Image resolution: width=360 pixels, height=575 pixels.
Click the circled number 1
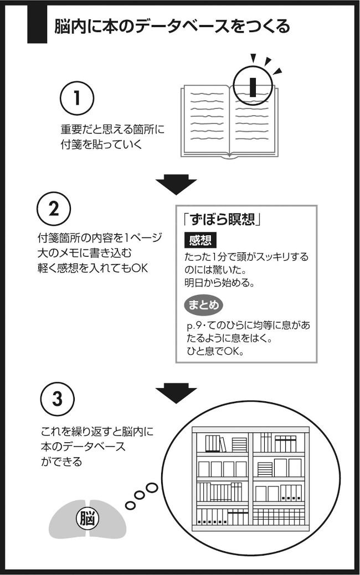(76, 99)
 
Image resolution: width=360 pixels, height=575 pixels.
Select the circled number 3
(57, 400)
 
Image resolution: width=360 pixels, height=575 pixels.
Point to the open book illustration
(229, 121)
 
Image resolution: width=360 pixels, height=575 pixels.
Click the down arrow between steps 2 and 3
(176, 393)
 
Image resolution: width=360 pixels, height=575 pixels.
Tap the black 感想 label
(200, 240)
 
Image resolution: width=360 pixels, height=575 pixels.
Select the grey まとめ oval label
(203, 305)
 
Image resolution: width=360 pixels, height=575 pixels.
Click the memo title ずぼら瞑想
(222, 219)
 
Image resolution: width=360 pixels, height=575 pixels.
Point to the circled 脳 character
(88, 519)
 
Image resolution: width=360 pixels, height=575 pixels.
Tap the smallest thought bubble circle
(130, 505)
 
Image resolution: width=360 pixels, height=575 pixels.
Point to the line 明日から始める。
(219, 283)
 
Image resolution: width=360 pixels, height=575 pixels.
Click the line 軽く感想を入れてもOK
(92, 268)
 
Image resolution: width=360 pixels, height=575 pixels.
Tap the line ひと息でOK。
(216, 351)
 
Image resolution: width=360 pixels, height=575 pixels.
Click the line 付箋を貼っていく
(101, 144)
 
